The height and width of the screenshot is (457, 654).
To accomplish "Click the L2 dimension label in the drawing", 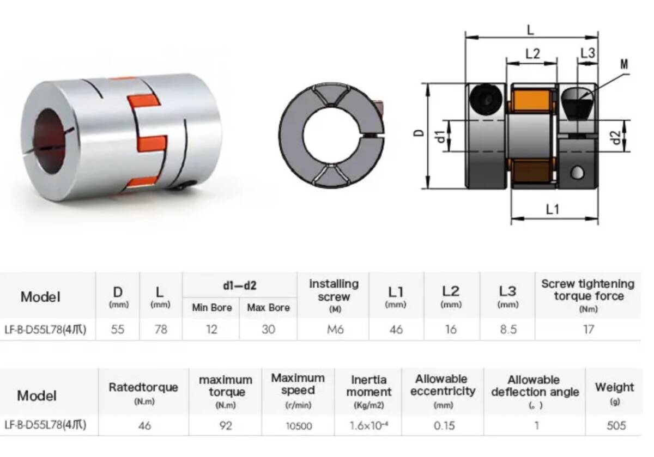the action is [x=533, y=54].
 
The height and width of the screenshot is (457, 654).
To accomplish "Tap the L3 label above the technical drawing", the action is [x=588, y=53].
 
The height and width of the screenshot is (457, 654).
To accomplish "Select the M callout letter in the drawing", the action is [x=624, y=64].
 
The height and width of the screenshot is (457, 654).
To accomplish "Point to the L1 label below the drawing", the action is [x=553, y=209].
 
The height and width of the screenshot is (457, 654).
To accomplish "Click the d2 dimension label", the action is [x=616, y=138].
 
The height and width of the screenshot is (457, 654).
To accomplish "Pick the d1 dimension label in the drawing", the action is [x=440, y=137].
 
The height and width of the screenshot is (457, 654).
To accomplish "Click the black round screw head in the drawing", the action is [x=486, y=99].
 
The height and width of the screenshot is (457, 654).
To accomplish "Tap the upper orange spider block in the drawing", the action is [x=531, y=100].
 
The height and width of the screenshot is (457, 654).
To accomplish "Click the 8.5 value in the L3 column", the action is [x=508, y=330].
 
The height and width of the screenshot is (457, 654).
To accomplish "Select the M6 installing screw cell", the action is [x=335, y=330].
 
